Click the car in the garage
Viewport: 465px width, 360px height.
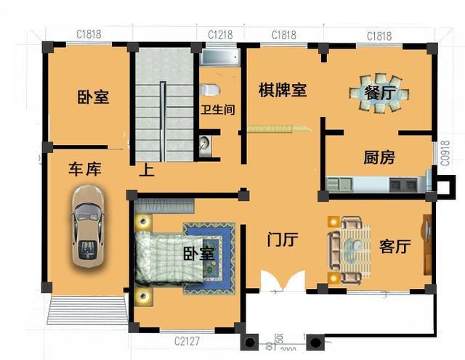click(87, 226)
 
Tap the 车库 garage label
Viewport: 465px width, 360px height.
click(85, 169)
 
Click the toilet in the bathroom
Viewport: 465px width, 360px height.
click(210, 90)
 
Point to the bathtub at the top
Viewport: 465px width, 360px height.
click(219, 57)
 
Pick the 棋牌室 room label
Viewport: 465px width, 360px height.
click(283, 90)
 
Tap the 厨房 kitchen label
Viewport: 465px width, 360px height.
click(379, 157)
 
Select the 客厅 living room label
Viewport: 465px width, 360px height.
click(395, 247)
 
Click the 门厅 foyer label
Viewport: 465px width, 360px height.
click(283, 240)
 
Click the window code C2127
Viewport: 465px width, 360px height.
click(187, 340)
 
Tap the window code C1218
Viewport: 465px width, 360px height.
click(220, 35)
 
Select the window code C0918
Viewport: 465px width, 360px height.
click(445, 154)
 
